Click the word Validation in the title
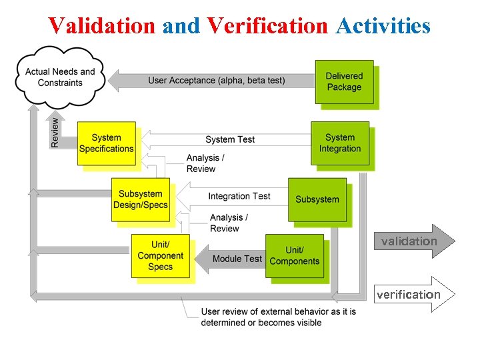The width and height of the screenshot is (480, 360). coord(101,25)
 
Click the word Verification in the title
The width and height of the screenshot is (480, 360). coord(267,25)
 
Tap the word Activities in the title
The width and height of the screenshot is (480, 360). coord(383,25)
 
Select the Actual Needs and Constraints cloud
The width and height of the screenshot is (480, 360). coord(60,77)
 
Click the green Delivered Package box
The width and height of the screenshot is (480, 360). coord(344,81)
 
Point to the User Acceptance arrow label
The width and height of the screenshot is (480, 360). coord(216,81)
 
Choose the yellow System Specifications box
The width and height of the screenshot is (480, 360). coord(106,143)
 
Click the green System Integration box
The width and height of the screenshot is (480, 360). coord(340,143)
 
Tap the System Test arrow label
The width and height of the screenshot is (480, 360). coord(230,139)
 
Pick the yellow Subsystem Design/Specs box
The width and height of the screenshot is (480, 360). coord(140,199)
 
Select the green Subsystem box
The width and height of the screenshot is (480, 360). coord(317,199)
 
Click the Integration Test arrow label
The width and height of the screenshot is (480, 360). coord(239,196)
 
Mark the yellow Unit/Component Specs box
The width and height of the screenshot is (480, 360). coord(160,256)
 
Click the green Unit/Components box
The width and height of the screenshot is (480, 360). coord(294,256)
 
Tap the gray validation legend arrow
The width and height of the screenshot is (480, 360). coord(413,241)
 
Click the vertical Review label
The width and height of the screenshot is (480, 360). coord(55,131)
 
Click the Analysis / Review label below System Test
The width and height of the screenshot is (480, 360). coord(205,163)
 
